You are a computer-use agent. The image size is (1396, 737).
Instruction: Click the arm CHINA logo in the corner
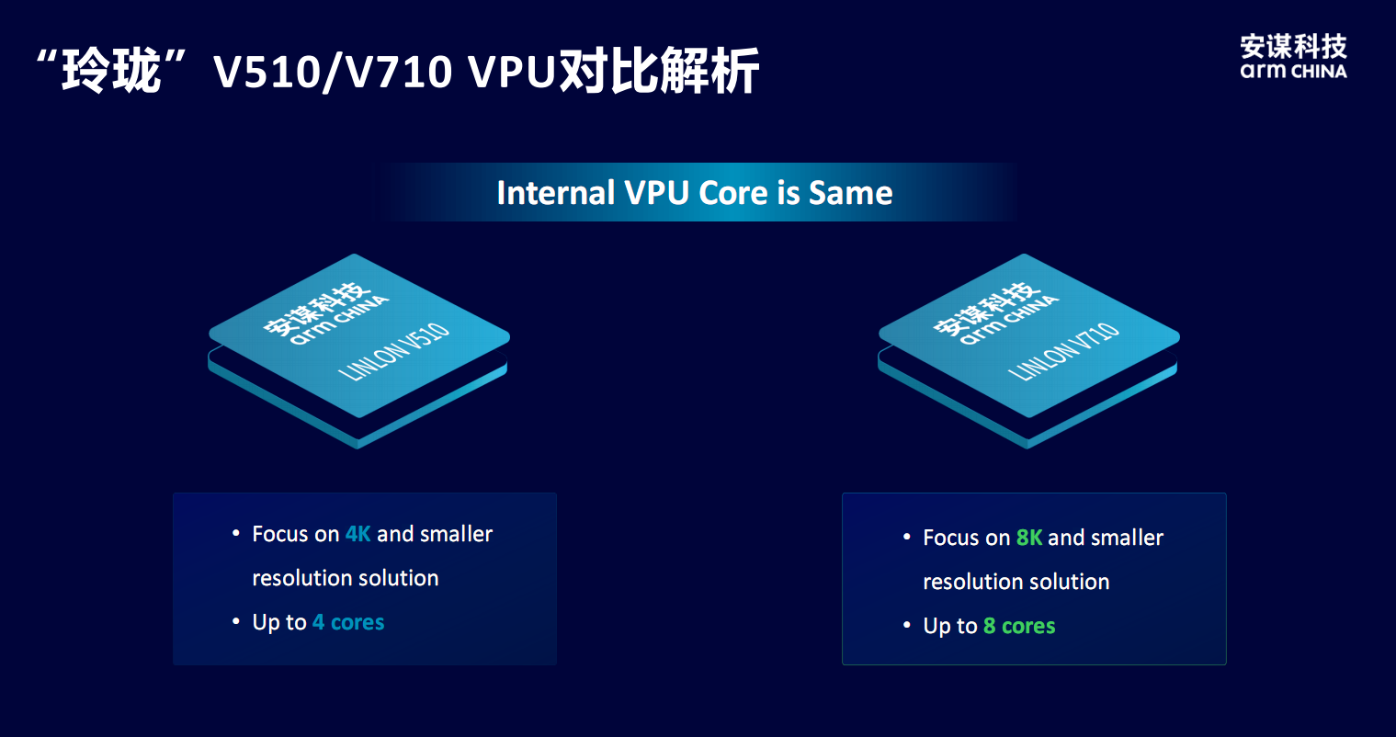[1293, 57]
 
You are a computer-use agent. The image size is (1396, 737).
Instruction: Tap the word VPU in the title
[511, 72]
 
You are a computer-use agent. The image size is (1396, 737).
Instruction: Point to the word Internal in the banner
[555, 193]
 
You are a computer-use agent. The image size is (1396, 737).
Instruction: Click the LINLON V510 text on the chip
[394, 351]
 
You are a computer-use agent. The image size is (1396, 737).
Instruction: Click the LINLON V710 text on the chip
[1064, 351]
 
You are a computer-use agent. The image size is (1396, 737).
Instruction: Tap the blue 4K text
[358, 534]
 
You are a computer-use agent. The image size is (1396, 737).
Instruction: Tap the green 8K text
[1028, 538]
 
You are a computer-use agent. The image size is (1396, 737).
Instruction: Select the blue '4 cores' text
[348, 622]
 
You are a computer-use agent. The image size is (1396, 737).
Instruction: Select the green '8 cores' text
[1019, 626]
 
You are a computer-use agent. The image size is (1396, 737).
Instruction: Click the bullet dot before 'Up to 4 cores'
[236, 622]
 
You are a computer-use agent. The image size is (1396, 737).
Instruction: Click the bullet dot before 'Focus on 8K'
[907, 537]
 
